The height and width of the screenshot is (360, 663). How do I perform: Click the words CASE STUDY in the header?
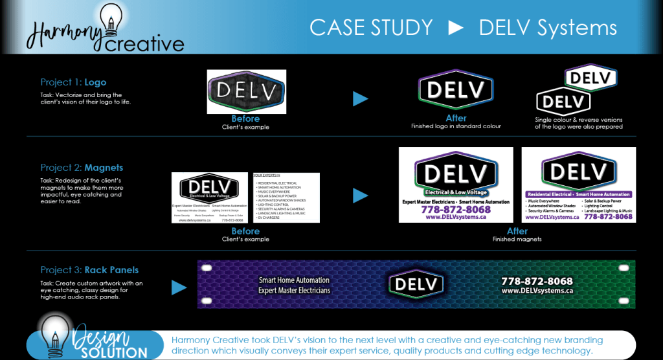[371, 27]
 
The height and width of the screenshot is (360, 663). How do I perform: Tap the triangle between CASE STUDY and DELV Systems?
[456, 28]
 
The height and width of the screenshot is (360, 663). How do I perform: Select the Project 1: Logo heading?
[73, 82]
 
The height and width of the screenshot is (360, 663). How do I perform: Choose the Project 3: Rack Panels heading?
[89, 269]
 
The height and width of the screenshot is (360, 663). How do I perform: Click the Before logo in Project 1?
[246, 92]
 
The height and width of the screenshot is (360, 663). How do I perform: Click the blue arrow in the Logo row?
[361, 99]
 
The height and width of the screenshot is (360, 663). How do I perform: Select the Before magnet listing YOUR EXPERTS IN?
[286, 197]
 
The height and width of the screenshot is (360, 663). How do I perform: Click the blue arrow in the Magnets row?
[361, 195]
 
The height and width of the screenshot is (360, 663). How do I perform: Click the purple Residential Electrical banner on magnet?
[578, 194]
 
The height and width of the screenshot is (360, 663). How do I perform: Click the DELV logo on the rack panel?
[416, 284]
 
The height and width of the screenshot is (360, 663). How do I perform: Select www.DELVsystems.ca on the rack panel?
[537, 291]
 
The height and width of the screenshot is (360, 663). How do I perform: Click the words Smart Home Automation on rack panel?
[294, 280]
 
